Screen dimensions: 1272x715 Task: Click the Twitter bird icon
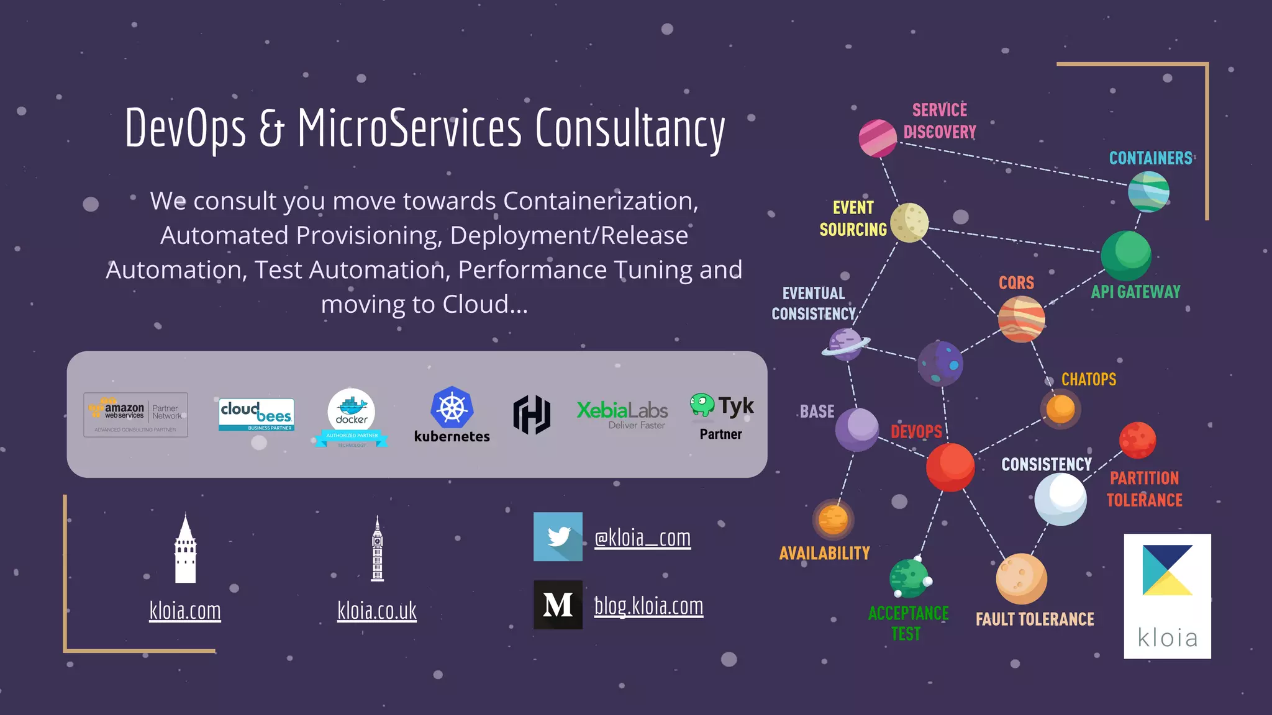pyautogui.click(x=558, y=537)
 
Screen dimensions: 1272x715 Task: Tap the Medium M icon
pyautogui.click(x=558, y=605)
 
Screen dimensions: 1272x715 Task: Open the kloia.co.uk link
pyautogui.click(x=376, y=611)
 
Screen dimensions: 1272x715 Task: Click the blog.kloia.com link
pyautogui.click(x=648, y=606)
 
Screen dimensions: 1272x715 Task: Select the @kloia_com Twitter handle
pyautogui.click(x=642, y=537)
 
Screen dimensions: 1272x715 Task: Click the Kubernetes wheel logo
pyautogui.click(x=452, y=408)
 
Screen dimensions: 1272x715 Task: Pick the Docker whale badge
pyautogui.click(x=352, y=414)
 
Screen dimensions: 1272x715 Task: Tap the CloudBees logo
pyautogui.click(x=257, y=414)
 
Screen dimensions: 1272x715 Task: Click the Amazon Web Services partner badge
pyautogui.click(x=136, y=415)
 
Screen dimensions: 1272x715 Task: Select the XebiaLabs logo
pyautogui.click(x=622, y=414)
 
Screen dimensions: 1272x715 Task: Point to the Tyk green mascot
pyautogui.click(x=702, y=405)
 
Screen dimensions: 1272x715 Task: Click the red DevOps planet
pyautogui.click(x=950, y=467)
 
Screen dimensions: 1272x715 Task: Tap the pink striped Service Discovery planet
pyautogui.click(x=878, y=138)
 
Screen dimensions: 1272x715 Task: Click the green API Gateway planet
pyautogui.click(x=1125, y=255)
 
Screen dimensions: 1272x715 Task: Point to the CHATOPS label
pyautogui.click(x=1088, y=379)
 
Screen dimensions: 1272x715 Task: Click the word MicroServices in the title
pyautogui.click(x=410, y=128)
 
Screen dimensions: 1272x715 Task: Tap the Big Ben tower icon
pyautogui.click(x=377, y=549)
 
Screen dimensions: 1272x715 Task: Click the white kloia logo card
pyautogui.click(x=1167, y=596)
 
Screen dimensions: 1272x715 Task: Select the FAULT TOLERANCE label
pyautogui.click(x=1035, y=619)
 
